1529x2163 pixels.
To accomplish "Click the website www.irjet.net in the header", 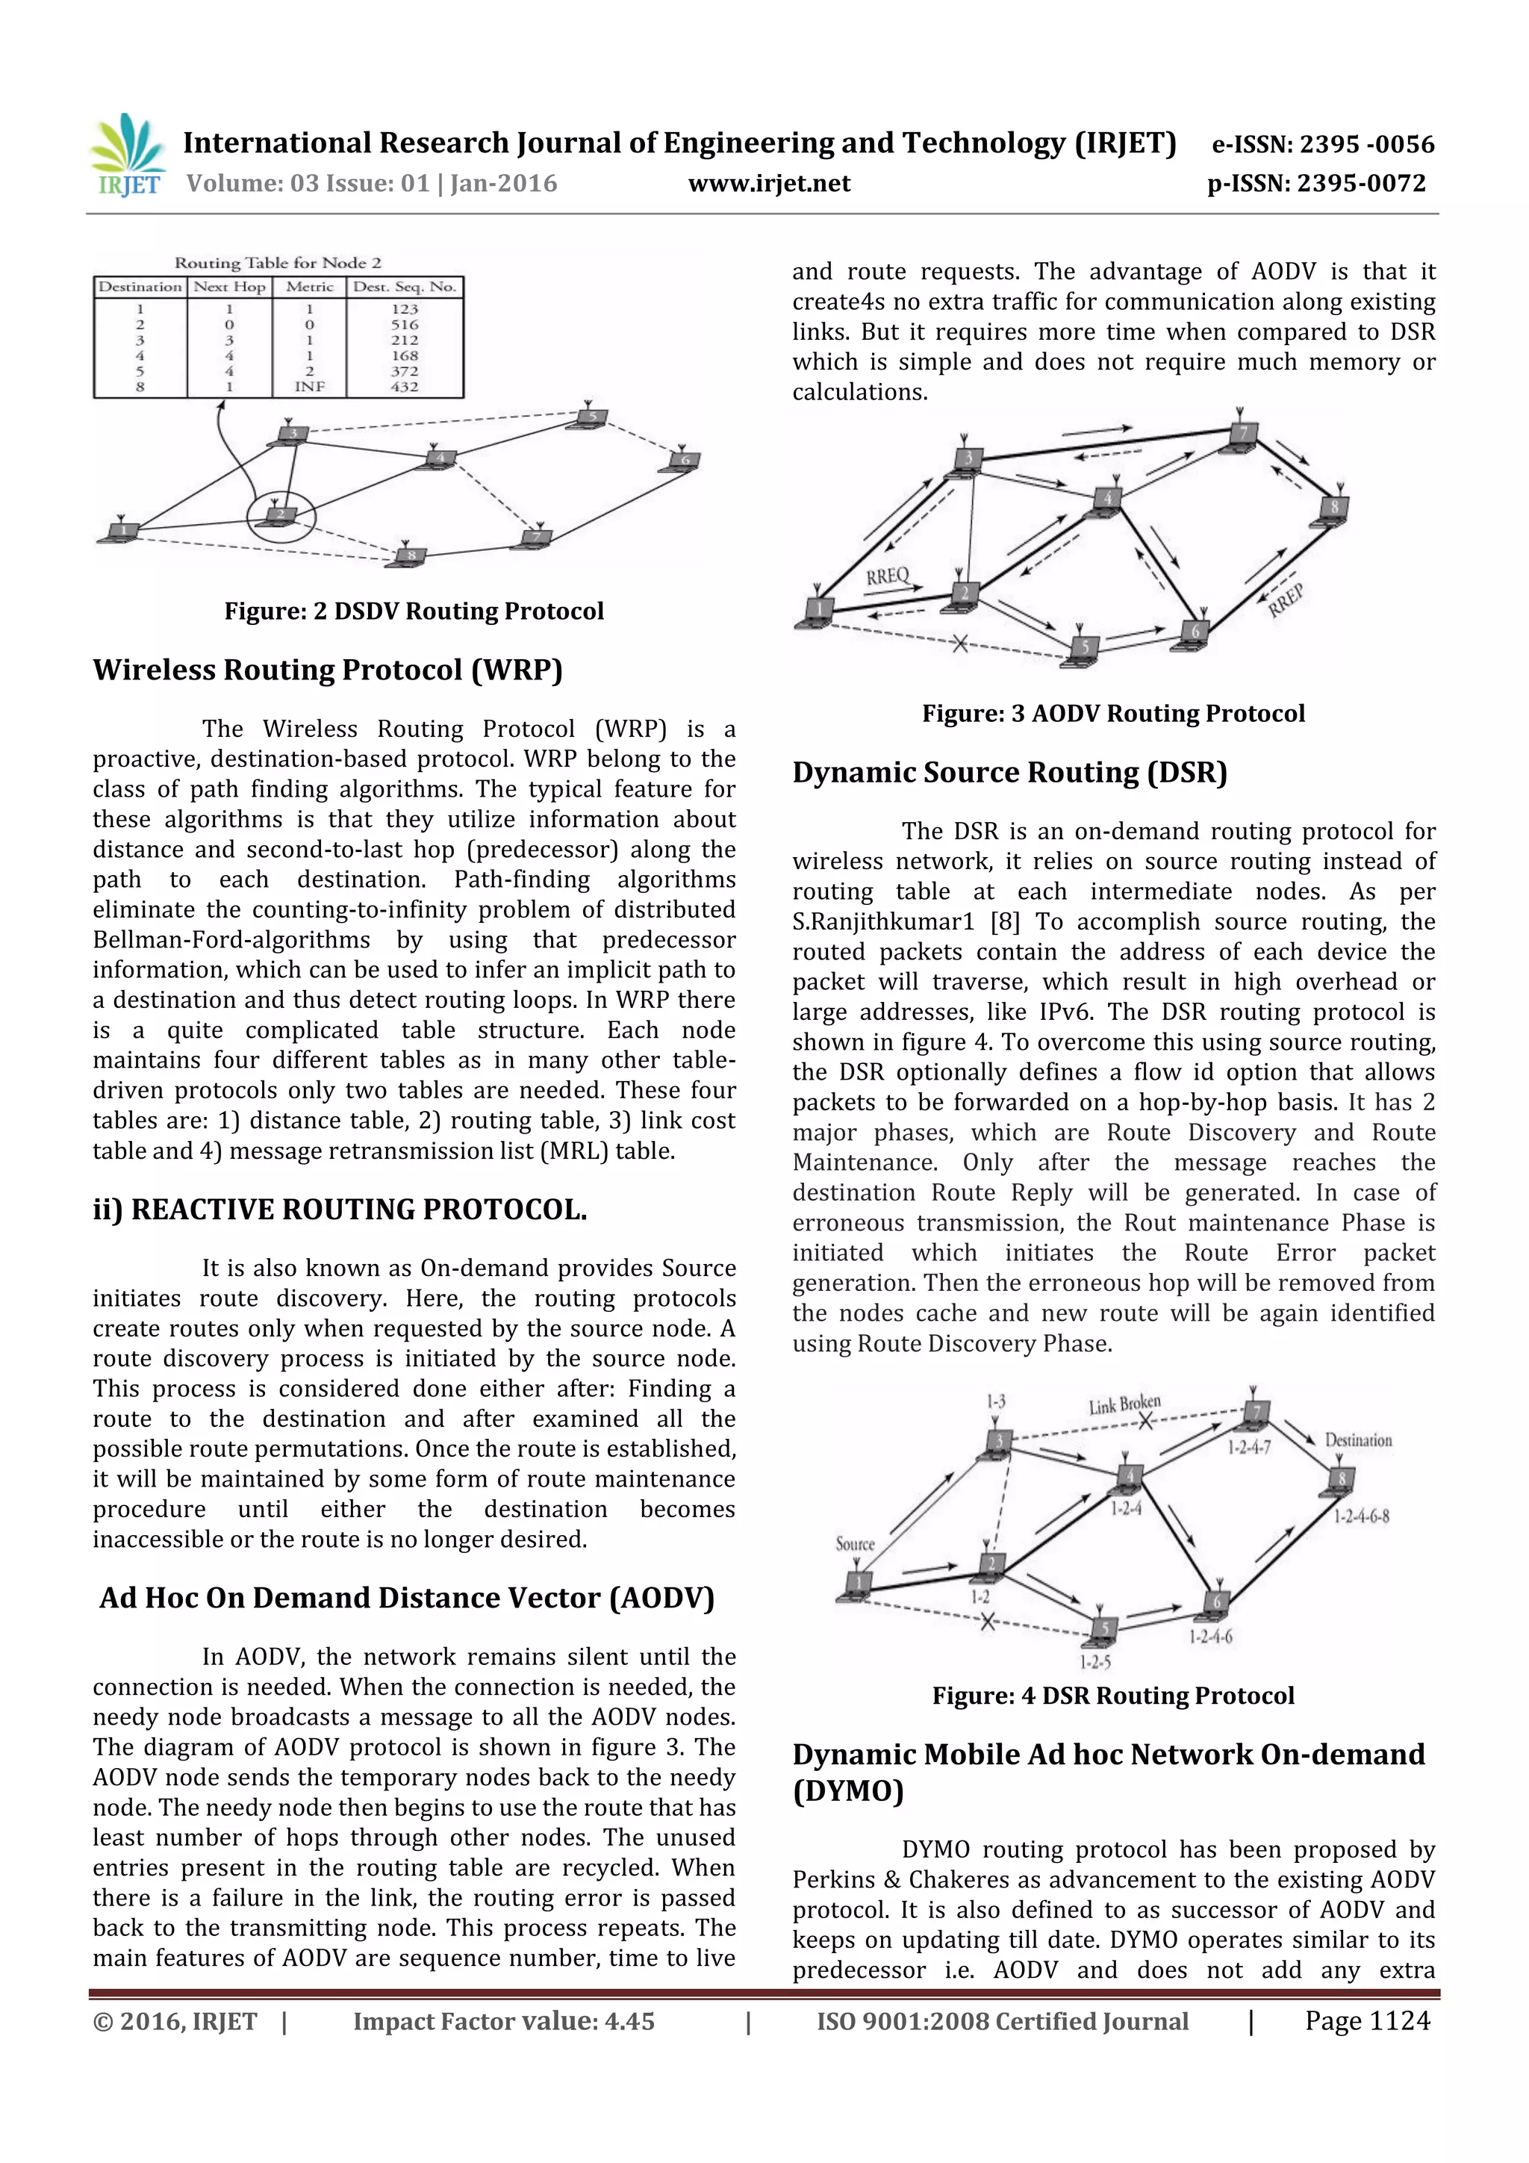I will coord(769,184).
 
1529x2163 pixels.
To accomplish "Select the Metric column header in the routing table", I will coord(309,287).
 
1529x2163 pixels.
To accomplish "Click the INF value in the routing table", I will coord(309,386).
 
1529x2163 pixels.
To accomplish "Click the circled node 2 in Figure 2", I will coord(281,516).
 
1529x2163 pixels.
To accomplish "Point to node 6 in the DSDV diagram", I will coord(683,461).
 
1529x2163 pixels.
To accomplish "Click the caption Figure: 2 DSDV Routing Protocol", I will coord(414,611).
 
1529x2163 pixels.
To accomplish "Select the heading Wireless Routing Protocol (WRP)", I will coord(327,670).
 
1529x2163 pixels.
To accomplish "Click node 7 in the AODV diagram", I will coord(1242,435).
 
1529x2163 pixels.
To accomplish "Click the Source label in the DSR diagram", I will coord(855,1544).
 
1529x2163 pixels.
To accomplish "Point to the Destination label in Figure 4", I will coord(1357,1440).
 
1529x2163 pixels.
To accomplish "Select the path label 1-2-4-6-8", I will coord(1360,1516).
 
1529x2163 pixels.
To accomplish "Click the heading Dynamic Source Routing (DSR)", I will coord(1009,773).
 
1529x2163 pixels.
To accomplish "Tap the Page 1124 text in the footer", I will coord(1366,2020).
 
